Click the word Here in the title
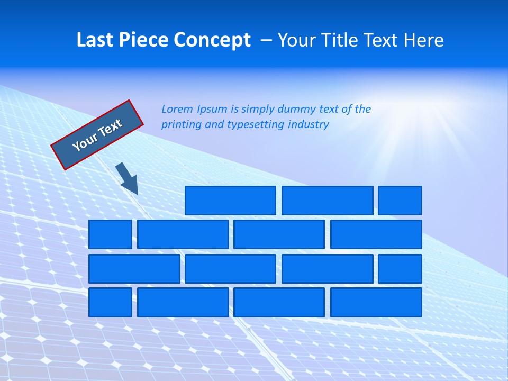423,40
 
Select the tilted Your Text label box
97,135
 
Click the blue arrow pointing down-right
127,179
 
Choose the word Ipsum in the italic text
213,109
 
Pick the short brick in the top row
400,201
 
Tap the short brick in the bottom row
110,302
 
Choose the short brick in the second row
110,234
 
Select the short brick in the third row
400,268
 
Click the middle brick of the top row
327,201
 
